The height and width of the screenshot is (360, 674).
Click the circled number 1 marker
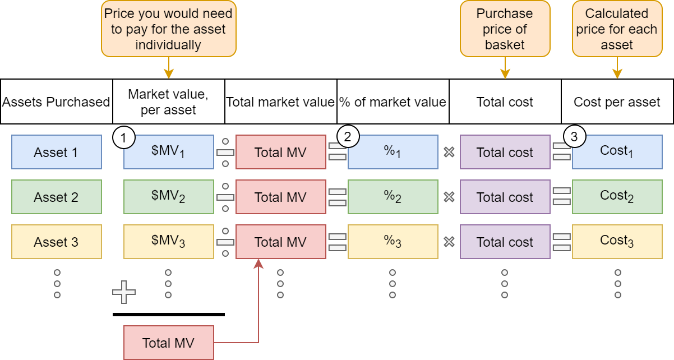[x=124, y=136]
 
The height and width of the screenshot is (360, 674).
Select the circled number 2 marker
[x=348, y=136]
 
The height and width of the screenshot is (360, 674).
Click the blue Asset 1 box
[x=56, y=152]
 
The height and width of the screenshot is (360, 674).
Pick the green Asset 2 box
[x=56, y=197]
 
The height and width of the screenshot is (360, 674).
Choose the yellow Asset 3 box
[x=56, y=242]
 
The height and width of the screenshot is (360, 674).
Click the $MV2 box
[x=168, y=197]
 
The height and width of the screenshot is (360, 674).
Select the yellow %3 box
[x=393, y=242]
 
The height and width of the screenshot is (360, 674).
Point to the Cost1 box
[x=617, y=152]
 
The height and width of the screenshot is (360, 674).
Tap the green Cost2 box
[x=617, y=197]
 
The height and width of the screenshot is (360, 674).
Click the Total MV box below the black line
[x=168, y=343]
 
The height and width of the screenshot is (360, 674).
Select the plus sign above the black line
[x=124, y=292]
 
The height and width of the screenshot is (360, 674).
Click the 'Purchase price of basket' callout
[x=505, y=29]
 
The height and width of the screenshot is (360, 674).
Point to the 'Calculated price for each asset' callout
[x=617, y=29]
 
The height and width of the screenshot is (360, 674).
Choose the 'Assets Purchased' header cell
[x=56, y=101]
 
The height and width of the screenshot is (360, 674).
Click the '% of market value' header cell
[x=393, y=101]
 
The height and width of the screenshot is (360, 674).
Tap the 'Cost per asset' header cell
[x=617, y=101]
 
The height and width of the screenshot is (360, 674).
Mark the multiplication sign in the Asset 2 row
[x=449, y=197]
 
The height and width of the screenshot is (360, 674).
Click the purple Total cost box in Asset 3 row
[x=505, y=242]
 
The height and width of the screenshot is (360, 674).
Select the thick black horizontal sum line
[x=168, y=315]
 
